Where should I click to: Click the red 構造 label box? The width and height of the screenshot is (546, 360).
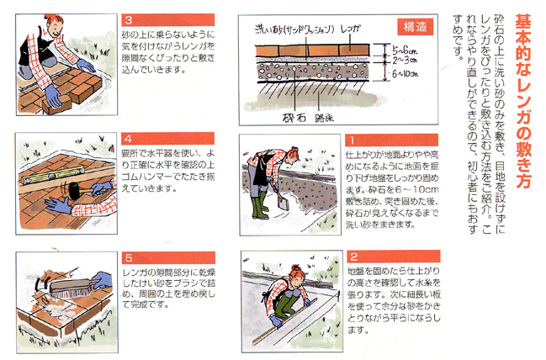click(x=416, y=27)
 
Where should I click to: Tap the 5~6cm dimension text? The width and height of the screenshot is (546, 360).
click(x=405, y=50)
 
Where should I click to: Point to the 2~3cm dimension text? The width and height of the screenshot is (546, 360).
click(x=405, y=61)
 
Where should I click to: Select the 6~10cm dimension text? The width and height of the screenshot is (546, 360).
click(x=406, y=73)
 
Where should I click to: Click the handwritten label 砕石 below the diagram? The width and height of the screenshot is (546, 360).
click(x=294, y=118)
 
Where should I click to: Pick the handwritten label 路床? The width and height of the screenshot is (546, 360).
click(x=324, y=118)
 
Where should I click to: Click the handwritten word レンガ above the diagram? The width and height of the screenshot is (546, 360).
click(x=350, y=29)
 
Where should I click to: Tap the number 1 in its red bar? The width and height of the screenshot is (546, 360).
click(x=352, y=140)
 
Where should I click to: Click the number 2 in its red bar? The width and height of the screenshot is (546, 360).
click(x=354, y=257)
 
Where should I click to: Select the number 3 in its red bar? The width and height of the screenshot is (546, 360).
click(x=129, y=20)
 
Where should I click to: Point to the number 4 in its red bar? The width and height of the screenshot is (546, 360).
click(x=128, y=139)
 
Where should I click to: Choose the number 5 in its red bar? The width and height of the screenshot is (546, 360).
click(x=129, y=258)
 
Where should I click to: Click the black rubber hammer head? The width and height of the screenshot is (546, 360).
click(x=74, y=190)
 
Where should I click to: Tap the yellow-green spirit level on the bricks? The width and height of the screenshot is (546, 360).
click(x=53, y=175)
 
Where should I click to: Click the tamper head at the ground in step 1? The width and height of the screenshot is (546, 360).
click(x=284, y=203)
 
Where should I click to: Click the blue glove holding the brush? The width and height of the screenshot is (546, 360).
click(x=102, y=280)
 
